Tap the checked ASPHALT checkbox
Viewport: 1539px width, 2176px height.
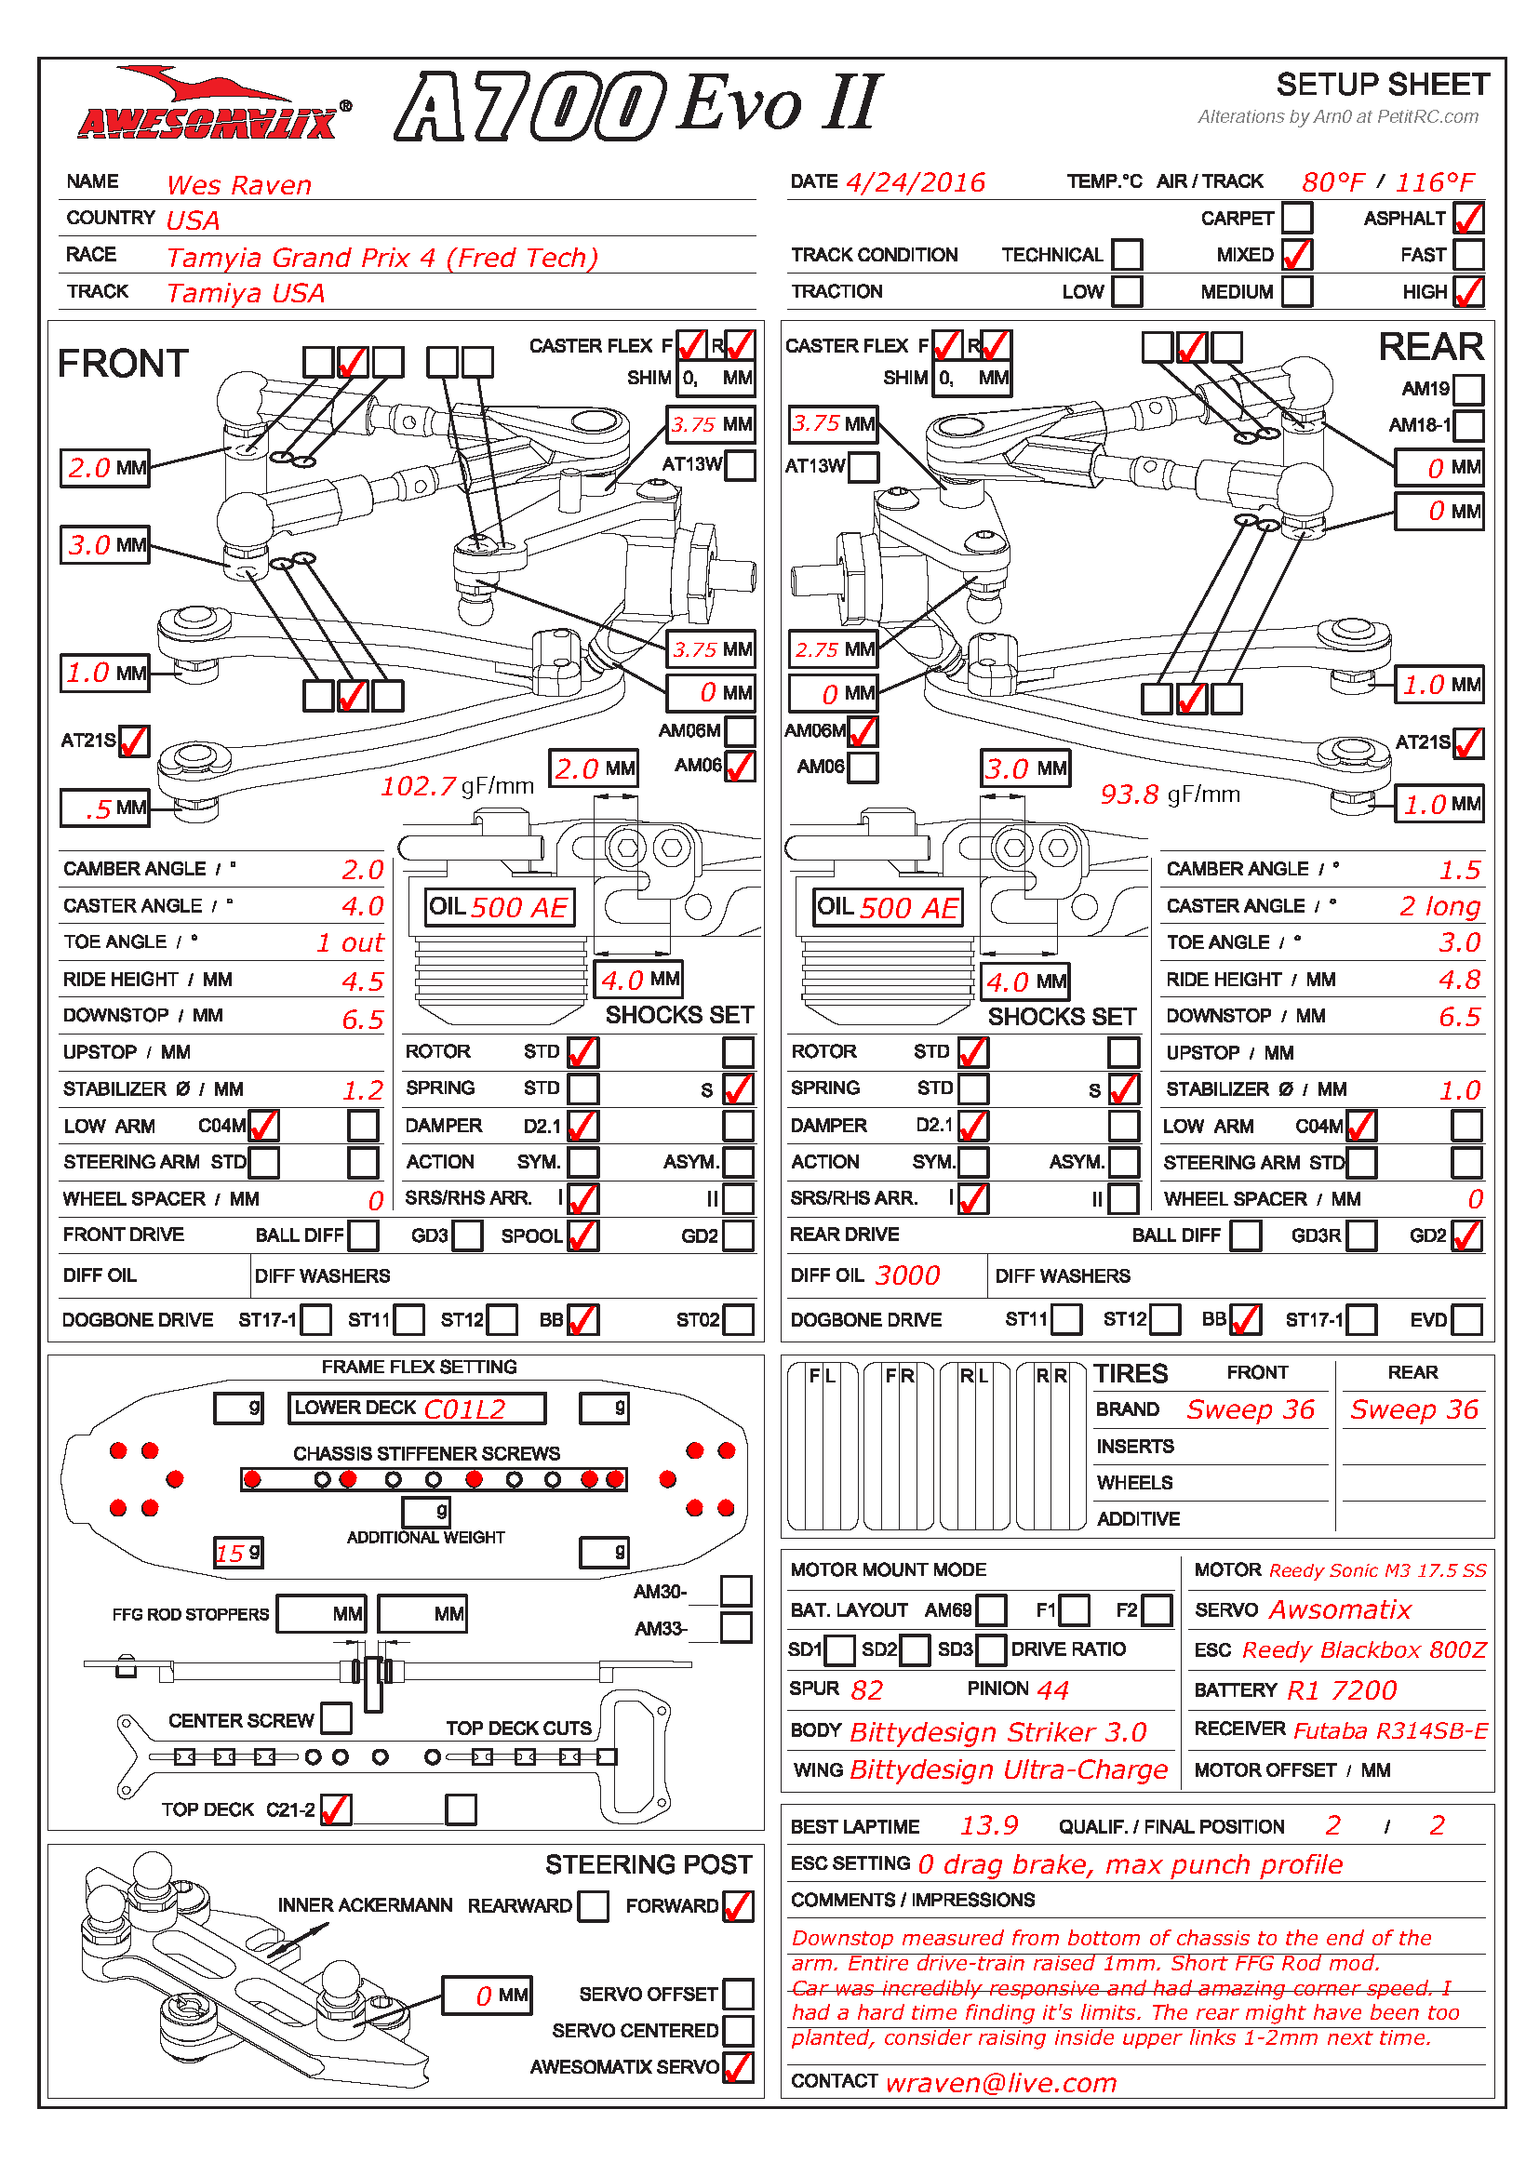point(1468,218)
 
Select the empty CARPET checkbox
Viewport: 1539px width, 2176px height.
point(1296,218)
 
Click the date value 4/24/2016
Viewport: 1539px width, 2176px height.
point(916,182)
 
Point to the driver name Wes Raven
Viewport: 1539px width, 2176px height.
point(239,185)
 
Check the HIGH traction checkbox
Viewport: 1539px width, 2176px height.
point(1468,292)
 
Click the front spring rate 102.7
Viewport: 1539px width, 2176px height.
point(418,786)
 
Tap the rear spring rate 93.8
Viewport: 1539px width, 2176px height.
point(1129,794)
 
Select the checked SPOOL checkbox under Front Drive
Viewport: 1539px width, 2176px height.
point(582,1235)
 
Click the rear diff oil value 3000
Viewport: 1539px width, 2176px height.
point(907,1275)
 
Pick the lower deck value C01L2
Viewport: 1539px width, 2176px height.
point(464,1409)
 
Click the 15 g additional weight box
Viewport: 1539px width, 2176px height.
point(238,1553)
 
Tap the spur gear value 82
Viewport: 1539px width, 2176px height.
point(866,1689)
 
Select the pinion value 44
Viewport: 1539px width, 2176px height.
point(1052,1689)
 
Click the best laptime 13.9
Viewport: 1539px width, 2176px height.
point(988,1825)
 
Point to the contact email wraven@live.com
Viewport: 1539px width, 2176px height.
point(1001,2082)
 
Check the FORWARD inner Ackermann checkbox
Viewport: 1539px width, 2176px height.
point(737,1906)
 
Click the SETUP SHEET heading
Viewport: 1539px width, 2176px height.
point(1382,86)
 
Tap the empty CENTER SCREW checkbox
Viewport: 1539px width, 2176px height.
point(336,1718)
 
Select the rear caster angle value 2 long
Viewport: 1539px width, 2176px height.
point(1439,906)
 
